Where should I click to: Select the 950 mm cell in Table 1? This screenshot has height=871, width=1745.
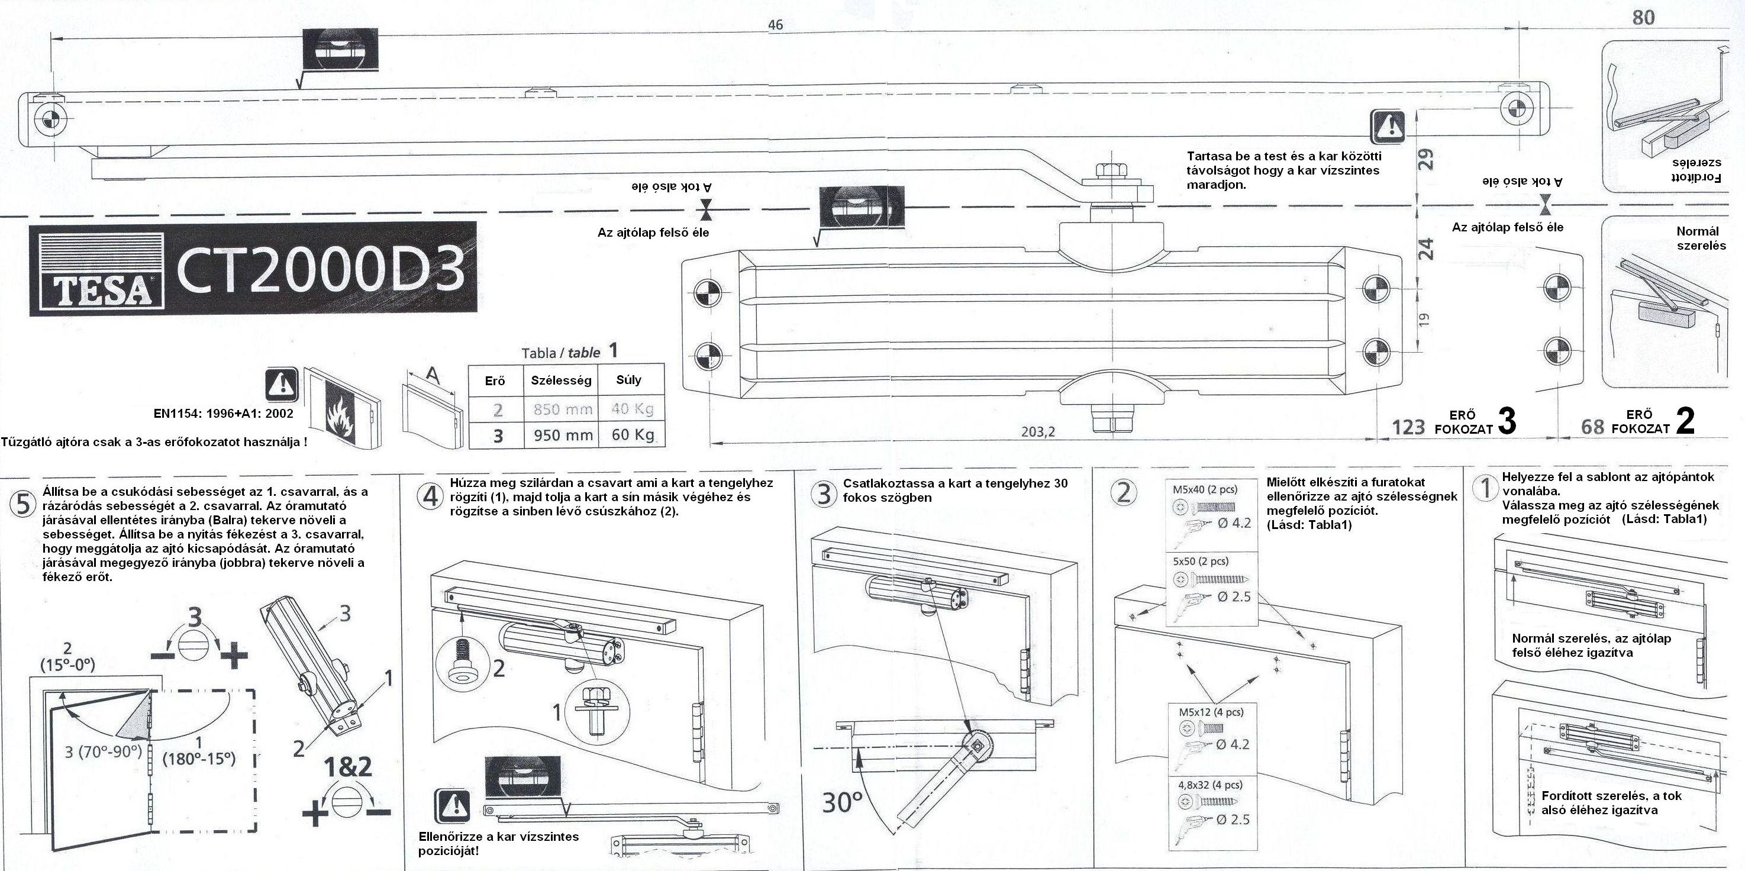[563, 435]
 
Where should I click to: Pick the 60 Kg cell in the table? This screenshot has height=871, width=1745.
[632, 434]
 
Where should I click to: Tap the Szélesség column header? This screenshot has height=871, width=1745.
[561, 380]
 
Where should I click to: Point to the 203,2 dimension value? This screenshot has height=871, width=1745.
[1038, 431]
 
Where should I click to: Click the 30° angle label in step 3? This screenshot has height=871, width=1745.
[842, 802]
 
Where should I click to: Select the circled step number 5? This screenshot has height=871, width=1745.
[22, 505]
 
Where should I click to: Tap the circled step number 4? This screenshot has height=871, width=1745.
[431, 496]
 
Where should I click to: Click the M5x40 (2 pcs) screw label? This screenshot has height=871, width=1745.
[1209, 489]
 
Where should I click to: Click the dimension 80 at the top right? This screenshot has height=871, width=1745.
[1643, 18]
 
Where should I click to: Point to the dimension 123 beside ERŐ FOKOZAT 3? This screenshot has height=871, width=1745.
[1408, 427]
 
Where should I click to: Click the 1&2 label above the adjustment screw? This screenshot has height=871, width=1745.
[347, 767]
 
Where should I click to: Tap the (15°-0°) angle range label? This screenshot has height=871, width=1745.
[67, 665]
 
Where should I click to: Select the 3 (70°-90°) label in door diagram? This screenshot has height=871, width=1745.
[104, 752]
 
